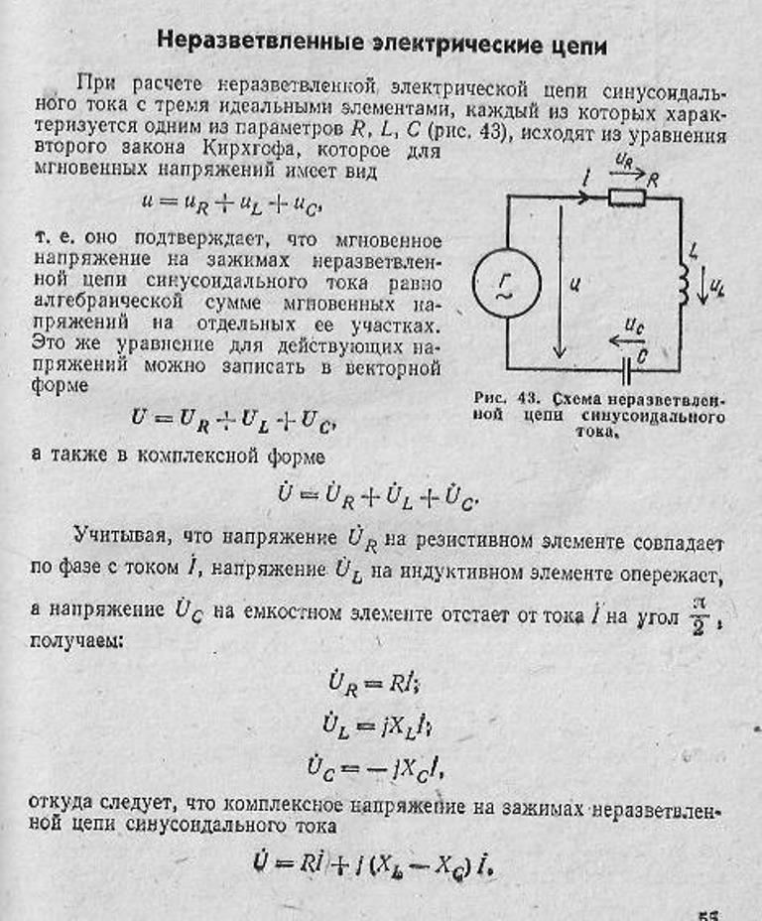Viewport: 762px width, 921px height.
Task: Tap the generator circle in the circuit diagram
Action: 506,282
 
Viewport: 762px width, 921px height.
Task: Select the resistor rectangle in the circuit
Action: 627,197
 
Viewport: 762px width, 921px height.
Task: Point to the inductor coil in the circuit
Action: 684,285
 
